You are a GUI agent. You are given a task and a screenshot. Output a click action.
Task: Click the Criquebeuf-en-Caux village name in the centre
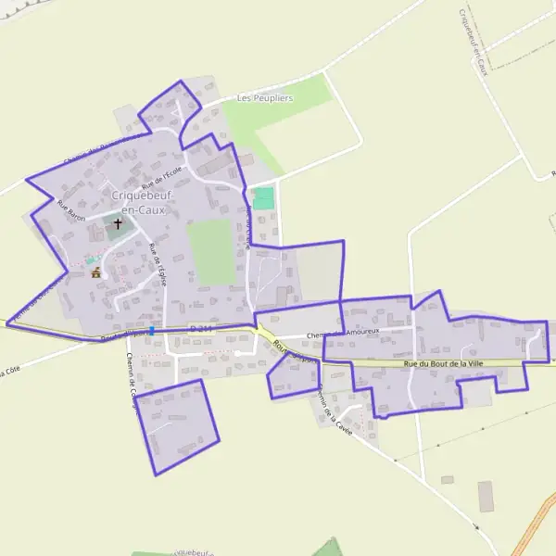[x=138, y=202]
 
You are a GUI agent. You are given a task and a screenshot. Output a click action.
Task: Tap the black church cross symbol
[x=118, y=224]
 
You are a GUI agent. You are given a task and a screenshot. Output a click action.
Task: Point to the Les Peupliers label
[x=264, y=98]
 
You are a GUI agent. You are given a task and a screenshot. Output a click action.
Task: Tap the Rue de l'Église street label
[x=158, y=264]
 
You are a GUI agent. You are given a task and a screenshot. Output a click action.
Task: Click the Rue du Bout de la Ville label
[x=445, y=364]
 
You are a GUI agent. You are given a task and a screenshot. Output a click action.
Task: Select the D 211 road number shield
[x=201, y=328]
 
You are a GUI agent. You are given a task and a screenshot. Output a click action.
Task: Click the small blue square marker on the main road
[x=151, y=330]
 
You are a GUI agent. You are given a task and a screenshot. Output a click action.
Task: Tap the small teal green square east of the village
[x=264, y=198]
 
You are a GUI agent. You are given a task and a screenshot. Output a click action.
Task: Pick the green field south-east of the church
[x=212, y=252]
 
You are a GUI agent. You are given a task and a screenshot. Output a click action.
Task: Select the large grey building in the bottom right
[x=486, y=495]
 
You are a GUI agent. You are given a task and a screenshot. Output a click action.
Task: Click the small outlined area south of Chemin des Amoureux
[x=294, y=376]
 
